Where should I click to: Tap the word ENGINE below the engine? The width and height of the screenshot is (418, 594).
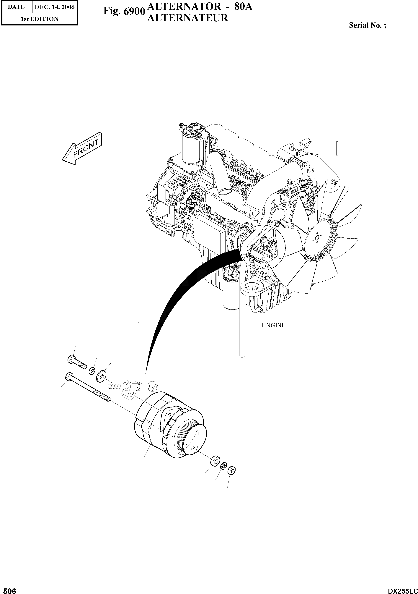(273, 326)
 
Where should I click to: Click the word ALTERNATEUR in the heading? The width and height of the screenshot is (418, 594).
(187, 18)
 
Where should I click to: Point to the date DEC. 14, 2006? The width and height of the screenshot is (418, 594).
(55, 7)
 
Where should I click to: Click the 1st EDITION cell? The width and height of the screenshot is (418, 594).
(39, 19)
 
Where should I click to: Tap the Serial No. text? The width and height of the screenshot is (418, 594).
(367, 25)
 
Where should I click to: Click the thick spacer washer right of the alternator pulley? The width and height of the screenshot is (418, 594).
(215, 461)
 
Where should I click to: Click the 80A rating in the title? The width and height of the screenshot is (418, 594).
(243, 7)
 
